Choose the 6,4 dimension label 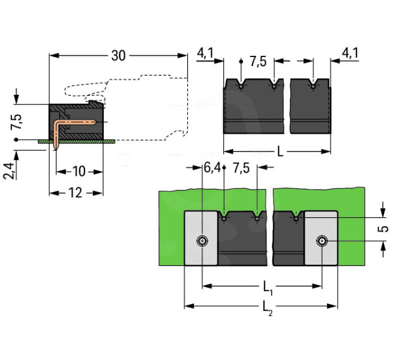212,167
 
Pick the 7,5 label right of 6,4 242,167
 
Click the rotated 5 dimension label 384,229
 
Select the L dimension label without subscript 280,151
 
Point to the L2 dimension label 265,308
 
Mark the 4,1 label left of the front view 206,54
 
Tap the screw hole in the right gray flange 322,241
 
